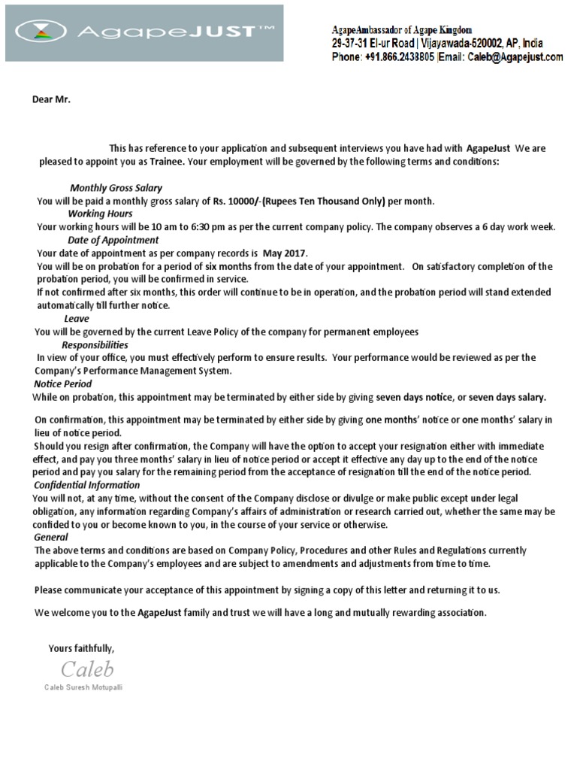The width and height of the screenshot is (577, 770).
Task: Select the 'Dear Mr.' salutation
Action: [x=50, y=99]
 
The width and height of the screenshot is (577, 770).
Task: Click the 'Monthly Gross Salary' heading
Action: [x=116, y=188]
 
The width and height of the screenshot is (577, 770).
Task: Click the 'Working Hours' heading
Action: [x=100, y=214]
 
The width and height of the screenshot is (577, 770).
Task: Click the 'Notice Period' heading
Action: [x=63, y=383]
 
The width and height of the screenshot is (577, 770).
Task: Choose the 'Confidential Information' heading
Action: [x=87, y=485]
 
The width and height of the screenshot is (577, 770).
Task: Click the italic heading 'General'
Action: [x=51, y=537]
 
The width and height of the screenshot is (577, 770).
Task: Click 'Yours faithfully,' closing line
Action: [x=81, y=647]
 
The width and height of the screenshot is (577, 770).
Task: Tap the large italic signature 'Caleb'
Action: [x=87, y=668]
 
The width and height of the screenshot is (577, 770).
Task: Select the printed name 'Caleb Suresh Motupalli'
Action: [x=83, y=687]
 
